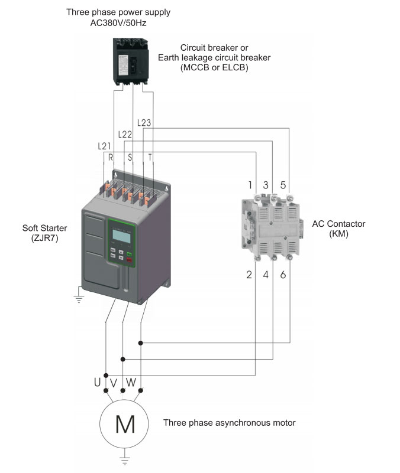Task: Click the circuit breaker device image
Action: (x=131, y=61)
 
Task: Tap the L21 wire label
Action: (x=104, y=146)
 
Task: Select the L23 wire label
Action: (x=144, y=123)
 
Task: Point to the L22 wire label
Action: (x=125, y=134)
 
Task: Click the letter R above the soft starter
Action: (x=111, y=157)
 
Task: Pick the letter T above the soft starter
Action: (x=150, y=157)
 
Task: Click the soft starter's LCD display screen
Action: (x=121, y=236)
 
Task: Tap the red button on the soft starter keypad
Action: (x=130, y=260)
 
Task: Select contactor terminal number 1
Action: (x=250, y=185)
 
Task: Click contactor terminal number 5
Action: (x=283, y=185)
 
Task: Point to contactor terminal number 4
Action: (x=266, y=275)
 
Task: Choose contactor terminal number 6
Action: (x=283, y=275)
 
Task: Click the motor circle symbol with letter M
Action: (x=124, y=424)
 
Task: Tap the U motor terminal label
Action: (x=97, y=382)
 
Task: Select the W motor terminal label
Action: (x=131, y=382)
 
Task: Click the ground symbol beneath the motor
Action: (x=124, y=459)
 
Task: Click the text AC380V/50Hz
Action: (x=118, y=23)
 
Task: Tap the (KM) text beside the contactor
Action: (x=338, y=234)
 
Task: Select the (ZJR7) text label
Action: (x=44, y=238)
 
